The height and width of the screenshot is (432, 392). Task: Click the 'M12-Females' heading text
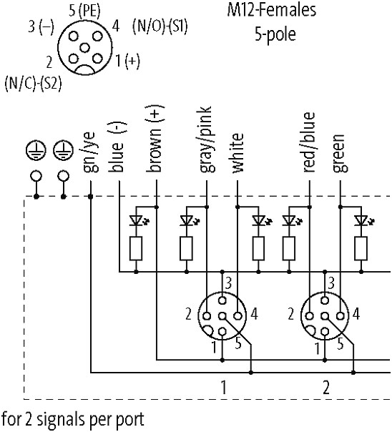coord(271,10)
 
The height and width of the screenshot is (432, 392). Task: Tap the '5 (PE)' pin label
coord(85,11)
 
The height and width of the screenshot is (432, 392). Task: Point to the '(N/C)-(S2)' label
coord(33,83)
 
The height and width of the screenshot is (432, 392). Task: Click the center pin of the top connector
coord(84,48)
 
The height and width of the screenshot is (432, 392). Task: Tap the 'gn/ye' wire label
coord(90,152)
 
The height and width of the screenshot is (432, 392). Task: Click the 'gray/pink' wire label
coord(205,139)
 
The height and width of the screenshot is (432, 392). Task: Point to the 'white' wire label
coord(237,153)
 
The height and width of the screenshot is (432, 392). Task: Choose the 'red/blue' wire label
coord(308,142)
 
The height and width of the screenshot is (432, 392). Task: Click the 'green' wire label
coord(340,153)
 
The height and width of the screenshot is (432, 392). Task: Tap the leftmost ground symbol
coord(36,151)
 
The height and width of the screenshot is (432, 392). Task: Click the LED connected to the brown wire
coord(138,220)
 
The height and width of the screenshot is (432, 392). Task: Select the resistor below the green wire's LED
coord(361,248)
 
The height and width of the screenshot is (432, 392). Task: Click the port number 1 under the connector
coord(224,387)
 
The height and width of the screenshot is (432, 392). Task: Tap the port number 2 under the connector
coord(326,387)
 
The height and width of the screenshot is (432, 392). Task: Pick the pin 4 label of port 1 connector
coord(254,314)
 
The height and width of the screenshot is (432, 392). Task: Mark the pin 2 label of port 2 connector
coord(291,314)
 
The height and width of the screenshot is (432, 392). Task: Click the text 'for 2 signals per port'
coord(73,420)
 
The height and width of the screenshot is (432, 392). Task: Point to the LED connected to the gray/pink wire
coord(188,220)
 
